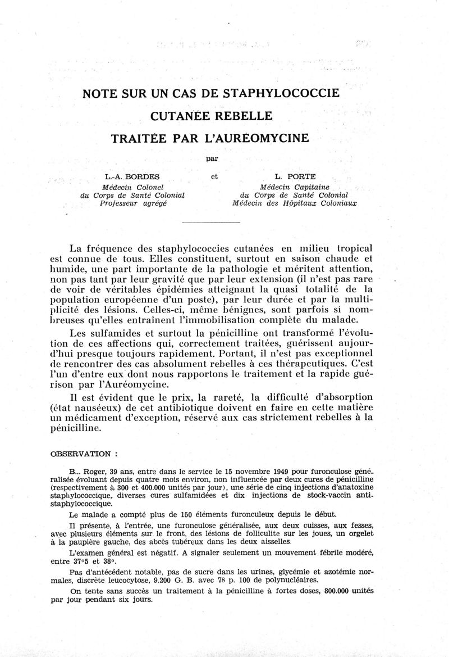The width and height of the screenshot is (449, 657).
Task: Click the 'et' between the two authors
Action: [214, 177]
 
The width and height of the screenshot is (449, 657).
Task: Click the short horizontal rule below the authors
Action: [212, 223]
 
